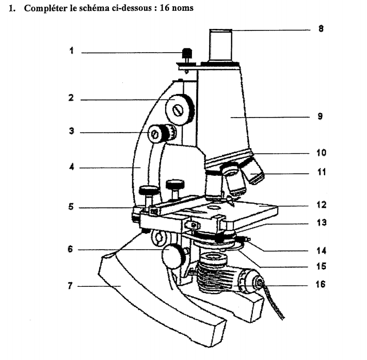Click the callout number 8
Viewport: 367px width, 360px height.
point(321,29)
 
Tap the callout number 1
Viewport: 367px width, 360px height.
point(72,51)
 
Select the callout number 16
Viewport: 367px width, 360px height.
point(321,284)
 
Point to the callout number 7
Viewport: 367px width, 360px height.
point(72,285)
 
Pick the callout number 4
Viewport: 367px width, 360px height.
point(72,167)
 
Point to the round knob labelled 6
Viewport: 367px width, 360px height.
point(173,255)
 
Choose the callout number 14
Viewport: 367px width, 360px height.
point(321,251)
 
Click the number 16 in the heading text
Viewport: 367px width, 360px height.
point(165,8)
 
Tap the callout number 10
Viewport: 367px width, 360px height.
point(321,153)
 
